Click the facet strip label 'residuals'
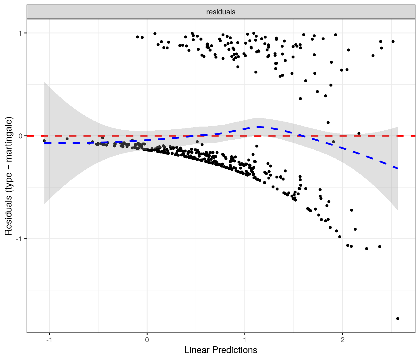[221, 12]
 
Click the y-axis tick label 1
[21, 33]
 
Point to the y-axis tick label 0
[21, 136]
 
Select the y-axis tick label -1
[19, 239]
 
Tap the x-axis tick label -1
[49, 340]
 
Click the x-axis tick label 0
[147, 340]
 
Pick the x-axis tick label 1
[245, 340]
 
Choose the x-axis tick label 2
[342, 340]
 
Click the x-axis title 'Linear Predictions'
[221, 350]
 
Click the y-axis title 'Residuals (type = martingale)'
[8, 176]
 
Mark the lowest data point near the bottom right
[397, 318]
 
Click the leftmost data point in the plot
[44, 141]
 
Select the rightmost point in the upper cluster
[393, 42]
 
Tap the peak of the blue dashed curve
[258, 127]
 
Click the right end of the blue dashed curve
[397, 168]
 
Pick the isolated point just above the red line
[359, 133]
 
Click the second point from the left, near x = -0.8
[67, 139]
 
